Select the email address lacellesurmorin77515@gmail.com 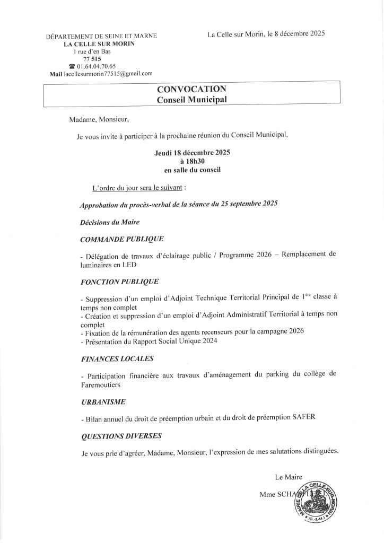coord(108,74)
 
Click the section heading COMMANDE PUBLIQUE coord(121,239)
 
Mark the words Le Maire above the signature coord(287,477)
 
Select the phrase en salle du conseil coord(192,170)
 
